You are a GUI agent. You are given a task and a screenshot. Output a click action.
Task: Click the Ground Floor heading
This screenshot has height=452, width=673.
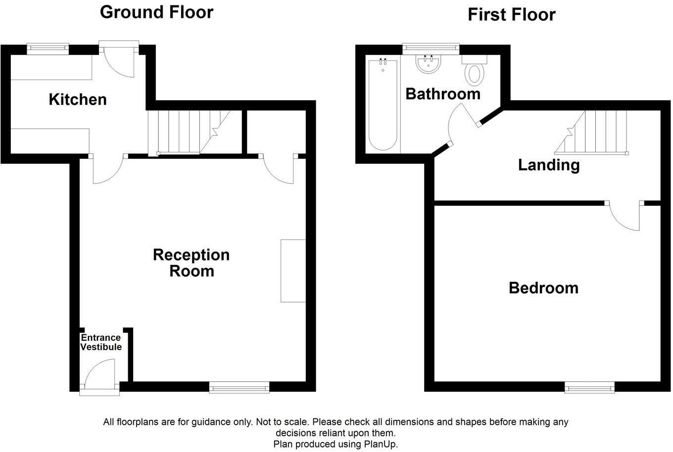[x=156, y=12]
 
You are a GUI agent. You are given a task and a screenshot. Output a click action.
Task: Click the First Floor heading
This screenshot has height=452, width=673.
[x=511, y=15]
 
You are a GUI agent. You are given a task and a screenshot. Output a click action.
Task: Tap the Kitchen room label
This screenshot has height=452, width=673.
[x=78, y=99]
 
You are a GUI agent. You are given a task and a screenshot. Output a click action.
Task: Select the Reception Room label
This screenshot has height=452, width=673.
[x=192, y=263]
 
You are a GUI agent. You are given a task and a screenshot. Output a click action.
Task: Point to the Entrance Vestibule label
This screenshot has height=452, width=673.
[x=101, y=342]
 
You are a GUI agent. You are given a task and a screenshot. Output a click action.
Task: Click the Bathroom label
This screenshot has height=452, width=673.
[x=443, y=94]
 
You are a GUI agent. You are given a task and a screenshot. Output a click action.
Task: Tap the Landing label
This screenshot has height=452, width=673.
[x=548, y=165]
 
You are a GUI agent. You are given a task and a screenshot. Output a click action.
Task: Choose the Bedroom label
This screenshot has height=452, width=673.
[x=543, y=288]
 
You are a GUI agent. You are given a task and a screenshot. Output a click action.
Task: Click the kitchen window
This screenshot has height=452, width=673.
[x=48, y=48]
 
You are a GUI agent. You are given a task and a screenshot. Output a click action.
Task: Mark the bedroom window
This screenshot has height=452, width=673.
[x=590, y=387]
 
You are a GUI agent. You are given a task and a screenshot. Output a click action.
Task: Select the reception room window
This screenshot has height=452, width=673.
[x=239, y=387]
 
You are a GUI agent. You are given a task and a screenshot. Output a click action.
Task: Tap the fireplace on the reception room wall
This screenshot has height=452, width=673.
[x=293, y=271]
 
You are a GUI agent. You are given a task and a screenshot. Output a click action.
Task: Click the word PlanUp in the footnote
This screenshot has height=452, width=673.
[x=381, y=444]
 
